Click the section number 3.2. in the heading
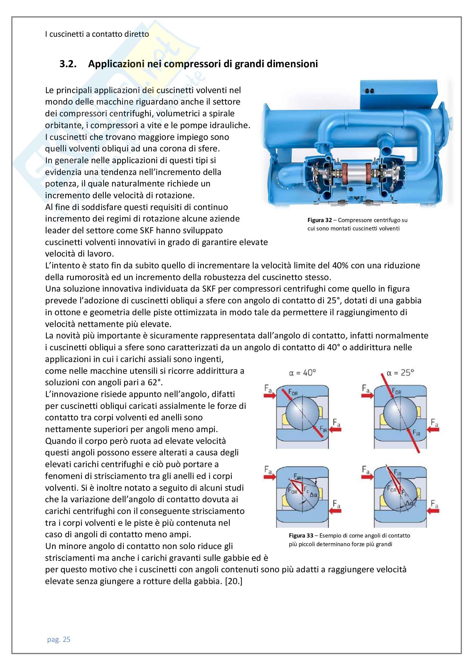(x=68, y=64)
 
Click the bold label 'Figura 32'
(x=319, y=220)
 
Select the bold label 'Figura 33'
(x=301, y=536)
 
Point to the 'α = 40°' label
(x=302, y=373)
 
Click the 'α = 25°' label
(x=400, y=373)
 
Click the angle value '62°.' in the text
(x=155, y=382)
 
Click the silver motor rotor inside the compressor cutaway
(x=354, y=175)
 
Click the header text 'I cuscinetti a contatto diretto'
(x=97, y=34)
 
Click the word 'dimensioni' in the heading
(x=295, y=64)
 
